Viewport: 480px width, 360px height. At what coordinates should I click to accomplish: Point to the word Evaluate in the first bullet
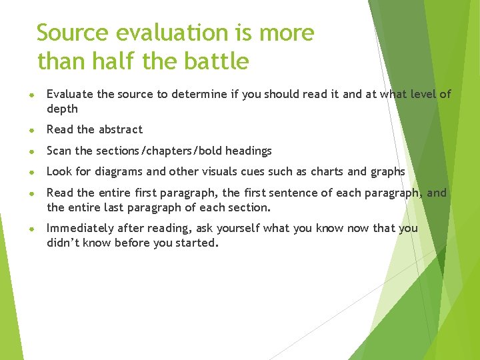tap(71, 94)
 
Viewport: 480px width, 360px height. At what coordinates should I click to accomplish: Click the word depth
tap(62, 109)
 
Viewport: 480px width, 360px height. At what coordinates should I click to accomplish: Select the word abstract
tap(121, 129)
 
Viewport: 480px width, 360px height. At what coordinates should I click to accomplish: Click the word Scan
tap(59, 151)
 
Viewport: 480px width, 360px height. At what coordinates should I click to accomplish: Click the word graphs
tap(387, 172)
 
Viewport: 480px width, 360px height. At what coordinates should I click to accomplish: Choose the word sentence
tap(307, 193)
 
